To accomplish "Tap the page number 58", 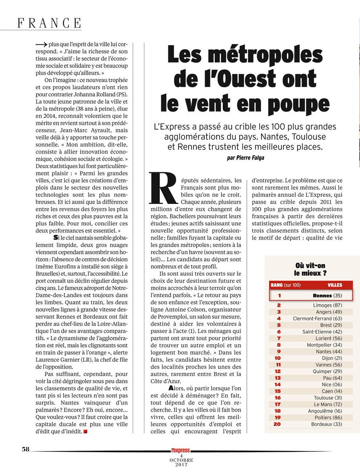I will tap(26, 449).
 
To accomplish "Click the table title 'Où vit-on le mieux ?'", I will tap(311, 269).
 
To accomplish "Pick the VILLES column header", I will tap(335, 285).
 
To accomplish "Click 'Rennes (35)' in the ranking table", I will tap(327, 296).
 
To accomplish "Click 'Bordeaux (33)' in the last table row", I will tap(326, 424).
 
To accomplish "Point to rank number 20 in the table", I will tap(278, 424).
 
